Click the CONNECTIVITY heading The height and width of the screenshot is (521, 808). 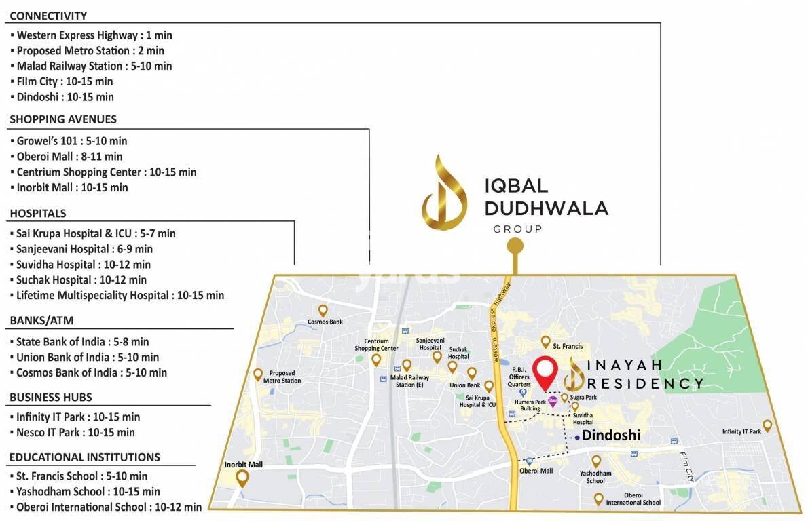48,16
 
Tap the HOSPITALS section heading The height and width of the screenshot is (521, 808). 38,213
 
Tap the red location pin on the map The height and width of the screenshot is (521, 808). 545,371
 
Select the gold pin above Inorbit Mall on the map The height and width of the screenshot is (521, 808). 242,479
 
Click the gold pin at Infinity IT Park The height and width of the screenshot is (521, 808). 767,425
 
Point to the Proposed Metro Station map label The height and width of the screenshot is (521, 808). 282,377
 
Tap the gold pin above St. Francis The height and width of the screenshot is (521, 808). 545,341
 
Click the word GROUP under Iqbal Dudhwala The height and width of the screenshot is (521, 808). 517,229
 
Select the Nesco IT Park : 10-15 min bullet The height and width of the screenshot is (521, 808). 75,432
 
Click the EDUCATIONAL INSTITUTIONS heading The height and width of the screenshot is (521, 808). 85,457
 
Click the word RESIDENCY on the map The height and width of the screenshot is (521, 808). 646,383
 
